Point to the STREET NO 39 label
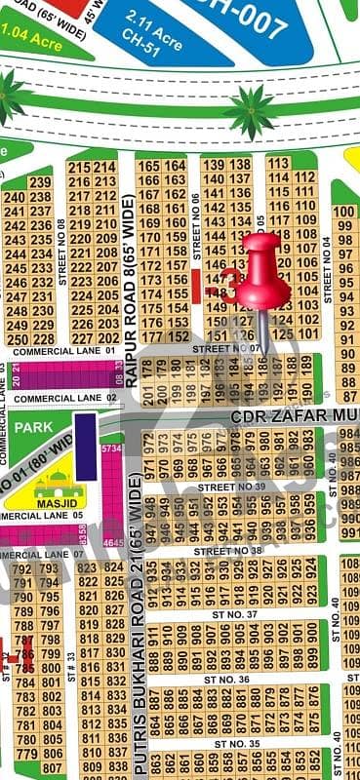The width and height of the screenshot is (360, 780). (x=231, y=486)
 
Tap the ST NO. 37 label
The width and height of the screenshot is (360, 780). (x=230, y=614)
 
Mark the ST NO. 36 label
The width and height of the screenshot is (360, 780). (x=230, y=679)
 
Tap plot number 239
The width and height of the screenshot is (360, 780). (x=40, y=182)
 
